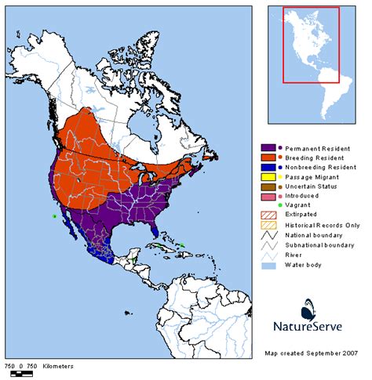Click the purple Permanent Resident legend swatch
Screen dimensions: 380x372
[267, 147]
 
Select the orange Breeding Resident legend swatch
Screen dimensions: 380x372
[267, 158]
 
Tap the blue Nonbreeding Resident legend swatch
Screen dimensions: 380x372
[267, 168]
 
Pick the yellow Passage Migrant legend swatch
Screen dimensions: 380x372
[267, 179]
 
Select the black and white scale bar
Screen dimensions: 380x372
[20, 374]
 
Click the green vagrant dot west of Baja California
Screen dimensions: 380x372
[54, 215]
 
